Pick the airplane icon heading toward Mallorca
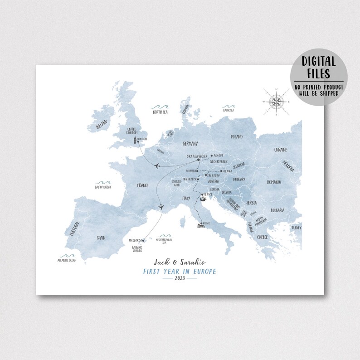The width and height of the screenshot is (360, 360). click(x=161, y=207)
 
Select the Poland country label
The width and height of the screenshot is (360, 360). click(x=236, y=136)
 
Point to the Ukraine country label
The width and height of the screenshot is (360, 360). click(x=280, y=150)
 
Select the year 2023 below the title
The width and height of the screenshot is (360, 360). click(x=180, y=279)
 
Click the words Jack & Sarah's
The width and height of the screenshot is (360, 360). click(x=180, y=262)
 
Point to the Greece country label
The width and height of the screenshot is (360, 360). click(x=263, y=237)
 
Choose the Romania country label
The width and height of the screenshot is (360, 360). click(x=274, y=182)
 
